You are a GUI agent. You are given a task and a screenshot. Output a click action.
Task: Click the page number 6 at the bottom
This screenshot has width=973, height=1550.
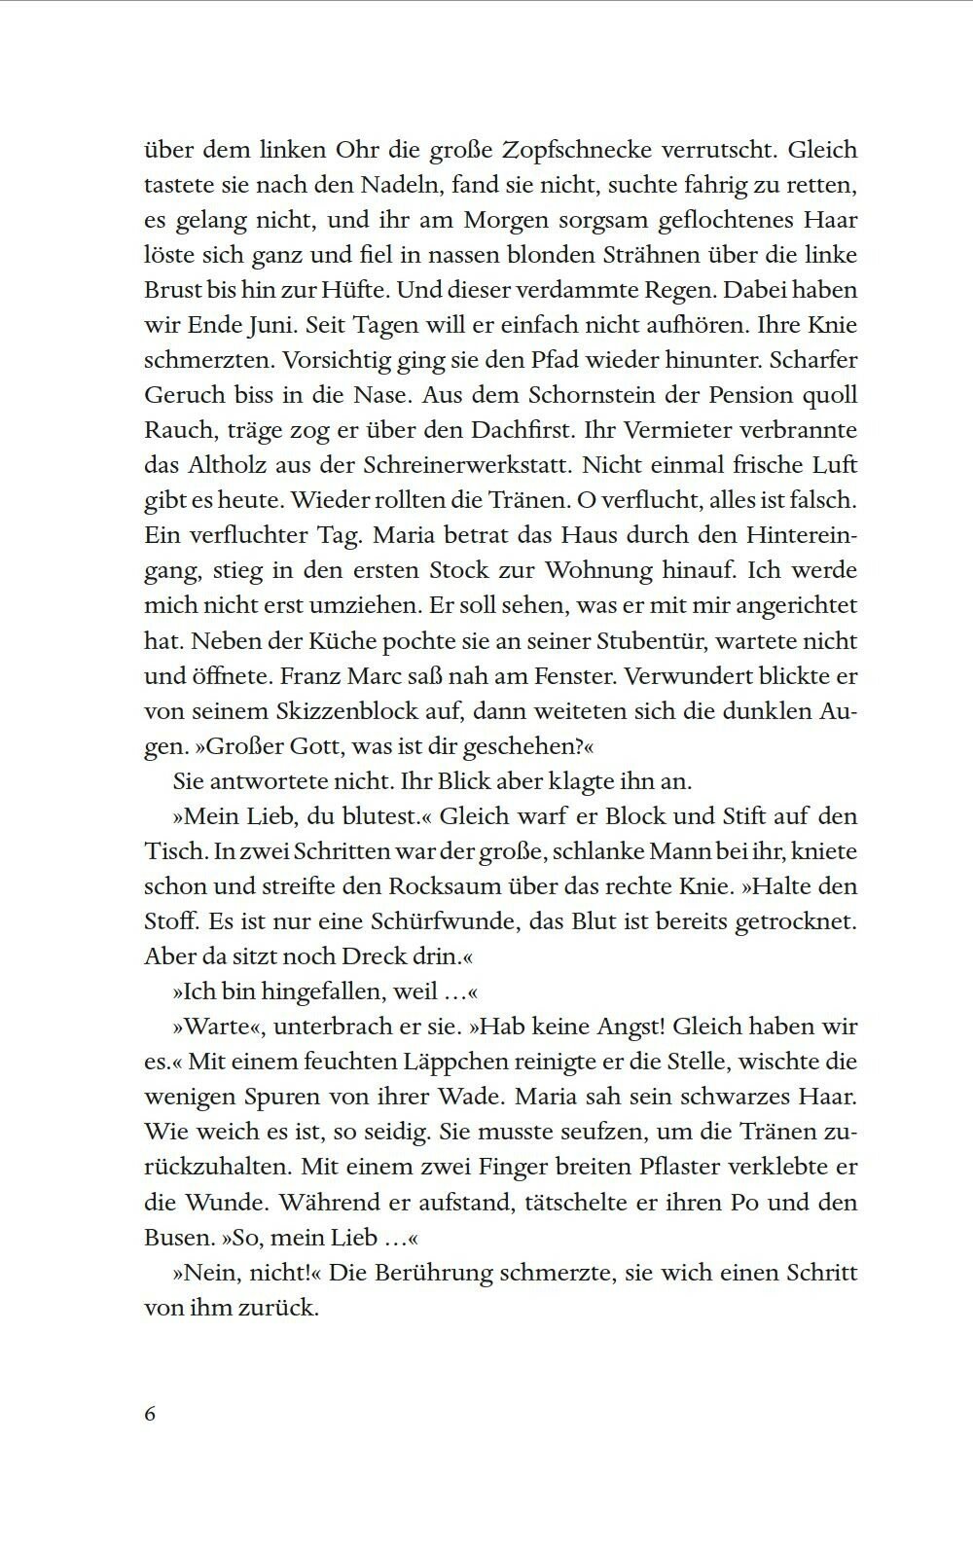(x=150, y=1414)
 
